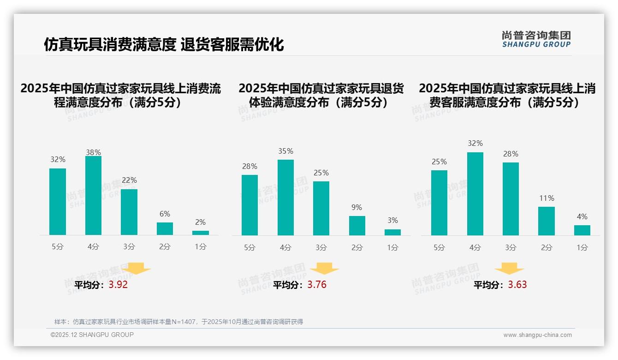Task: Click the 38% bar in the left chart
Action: point(93,196)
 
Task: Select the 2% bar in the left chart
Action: point(201,233)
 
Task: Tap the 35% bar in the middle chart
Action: point(285,198)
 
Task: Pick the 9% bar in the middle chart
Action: point(357,226)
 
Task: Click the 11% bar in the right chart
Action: point(547,221)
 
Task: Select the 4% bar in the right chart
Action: point(582,230)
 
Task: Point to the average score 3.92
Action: point(118,285)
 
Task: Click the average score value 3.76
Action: point(317,285)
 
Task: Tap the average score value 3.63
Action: point(517,285)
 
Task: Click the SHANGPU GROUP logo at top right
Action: point(536,39)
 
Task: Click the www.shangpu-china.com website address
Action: point(537,335)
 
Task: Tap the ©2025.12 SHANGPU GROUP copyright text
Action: point(92,335)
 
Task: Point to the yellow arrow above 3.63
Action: point(509,269)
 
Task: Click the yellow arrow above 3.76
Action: point(324,269)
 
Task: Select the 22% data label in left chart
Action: point(129,180)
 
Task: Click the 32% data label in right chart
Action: point(475,144)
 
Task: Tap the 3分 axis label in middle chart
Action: point(321,248)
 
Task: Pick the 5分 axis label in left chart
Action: point(58,247)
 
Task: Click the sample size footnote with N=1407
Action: point(178,322)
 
